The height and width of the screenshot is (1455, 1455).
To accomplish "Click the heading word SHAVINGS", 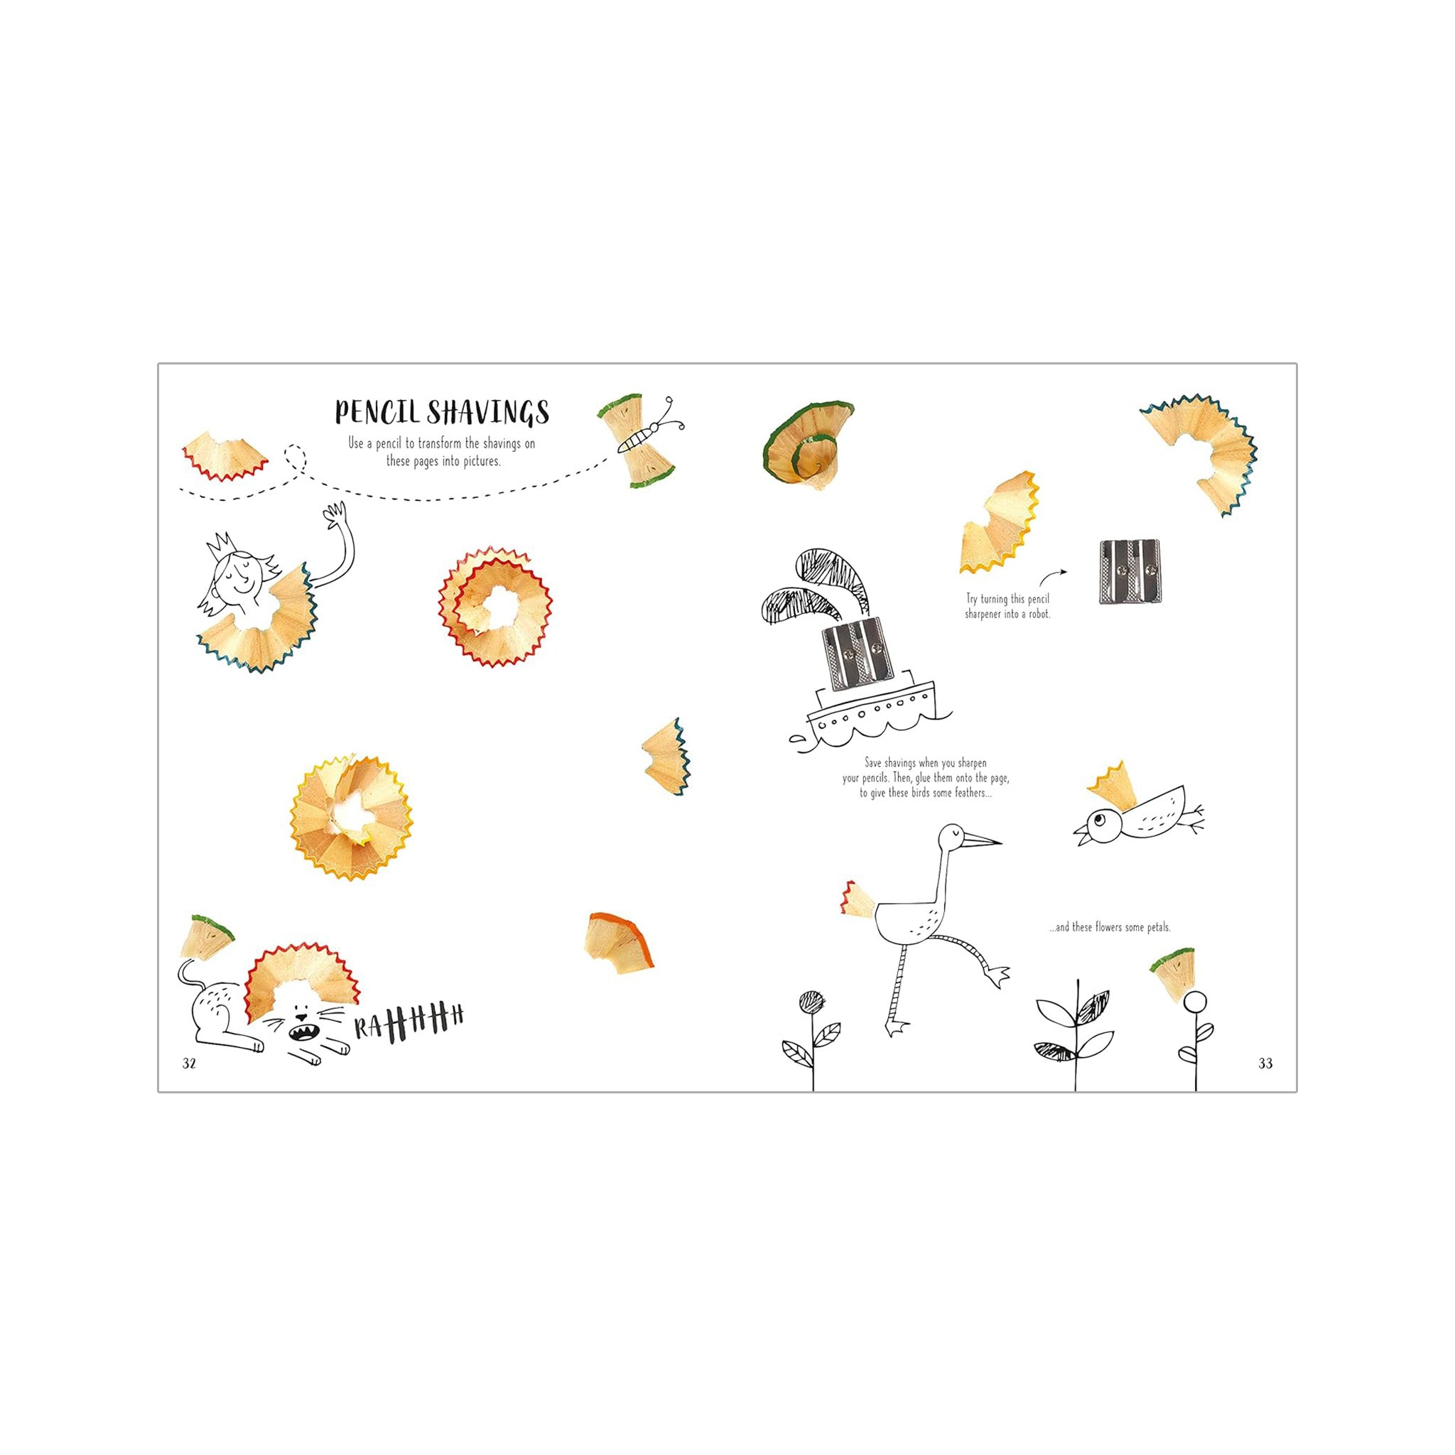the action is (x=489, y=412).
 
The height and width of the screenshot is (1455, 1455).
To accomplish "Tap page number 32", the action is (x=189, y=1064).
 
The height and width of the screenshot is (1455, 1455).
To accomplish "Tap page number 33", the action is (x=1265, y=1064).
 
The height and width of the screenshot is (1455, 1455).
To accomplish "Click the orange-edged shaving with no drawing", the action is (x=620, y=942).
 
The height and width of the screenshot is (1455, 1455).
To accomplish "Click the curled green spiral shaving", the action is (x=807, y=443).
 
